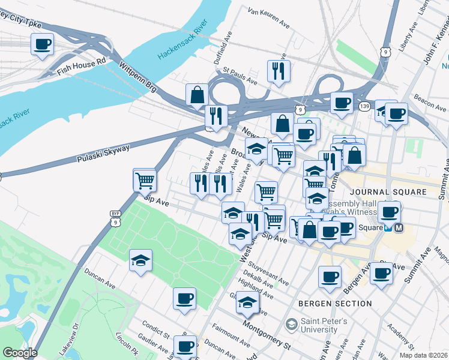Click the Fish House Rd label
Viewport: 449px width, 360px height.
click(x=81, y=66)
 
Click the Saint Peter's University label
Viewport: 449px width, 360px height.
click(x=318, y=326)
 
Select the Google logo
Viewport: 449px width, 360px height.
click(x=20, y=352)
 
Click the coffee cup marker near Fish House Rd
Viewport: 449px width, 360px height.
click(x=42, y=44)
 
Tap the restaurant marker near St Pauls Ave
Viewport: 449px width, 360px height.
click(x=279, y=71)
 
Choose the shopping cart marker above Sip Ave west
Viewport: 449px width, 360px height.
click(x=145, y=179)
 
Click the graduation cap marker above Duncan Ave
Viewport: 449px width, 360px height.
click(x=140, y=260)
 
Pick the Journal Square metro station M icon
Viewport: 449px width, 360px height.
click(x=400, y=227)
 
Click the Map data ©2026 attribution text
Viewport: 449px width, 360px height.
click(x=424, y=355)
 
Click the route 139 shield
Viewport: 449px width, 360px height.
click(x=364, y=106)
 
